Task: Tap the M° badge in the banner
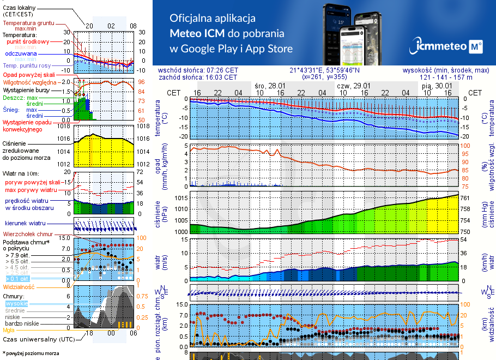(x=475, y=47)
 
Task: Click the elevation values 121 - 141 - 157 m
(x=446, y=77)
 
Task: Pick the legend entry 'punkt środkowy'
(x=28, y=41)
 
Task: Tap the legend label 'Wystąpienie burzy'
(x=27, y=89)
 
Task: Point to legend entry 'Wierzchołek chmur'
(x=29, y=234)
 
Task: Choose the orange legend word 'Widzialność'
(x=19, y=286)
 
